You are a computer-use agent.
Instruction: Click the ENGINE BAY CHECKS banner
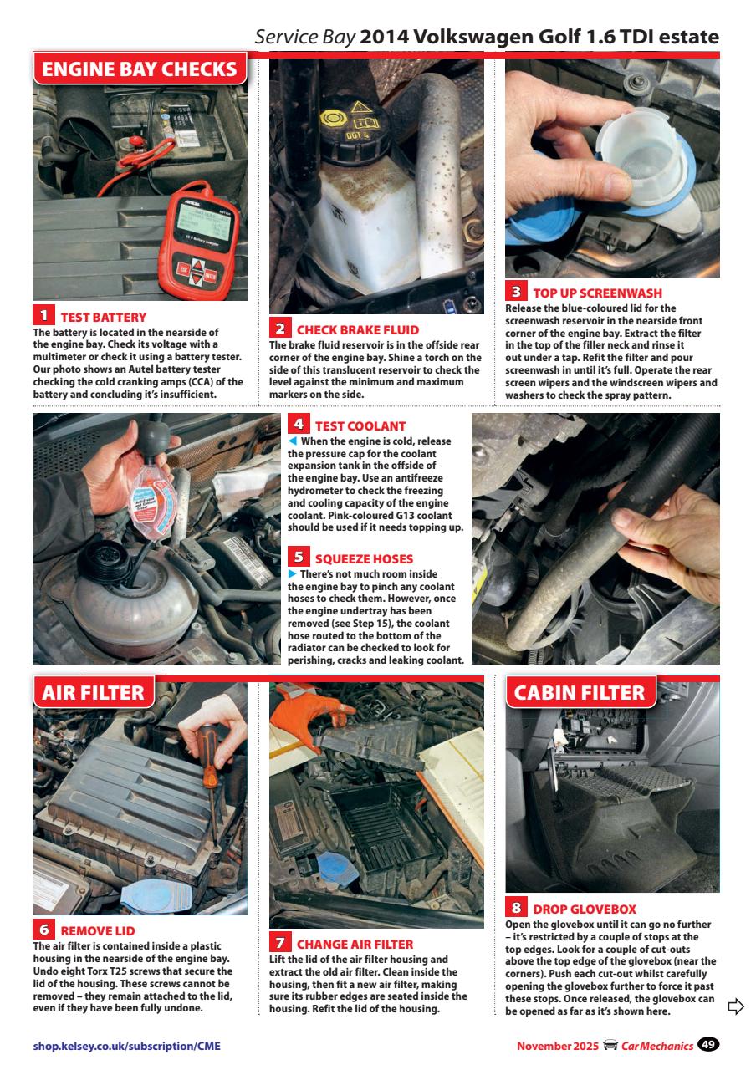[140, 69]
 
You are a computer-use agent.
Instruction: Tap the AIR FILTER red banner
[93, 692]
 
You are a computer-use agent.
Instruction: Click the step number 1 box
[43, 316]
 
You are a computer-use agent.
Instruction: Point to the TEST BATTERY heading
[103, 317]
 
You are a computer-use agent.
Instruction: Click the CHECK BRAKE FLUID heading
[357, 329]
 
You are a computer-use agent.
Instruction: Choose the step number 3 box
[516, 292]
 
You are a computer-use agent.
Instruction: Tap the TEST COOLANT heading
[360, 425]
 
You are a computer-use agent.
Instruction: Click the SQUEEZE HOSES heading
[363, 558]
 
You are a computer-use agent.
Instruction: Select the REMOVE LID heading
[97, 930]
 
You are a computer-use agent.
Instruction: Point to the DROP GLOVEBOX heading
[584, 909]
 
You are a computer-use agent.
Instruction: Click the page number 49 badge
[708, 1045]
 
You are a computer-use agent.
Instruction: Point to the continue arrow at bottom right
[736, 1006]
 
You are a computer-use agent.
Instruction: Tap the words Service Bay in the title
[305, 38]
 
